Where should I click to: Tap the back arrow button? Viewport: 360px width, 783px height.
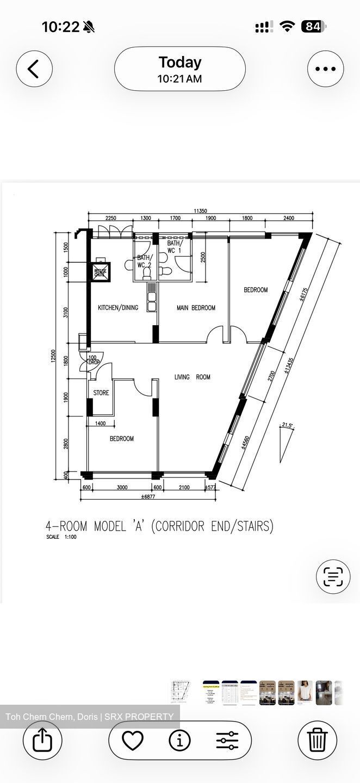[34, 69]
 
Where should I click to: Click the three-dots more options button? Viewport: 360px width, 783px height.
[325, 69]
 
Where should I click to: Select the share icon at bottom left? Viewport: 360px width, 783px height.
[42, 740]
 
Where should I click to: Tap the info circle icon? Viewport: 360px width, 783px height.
[179, 740]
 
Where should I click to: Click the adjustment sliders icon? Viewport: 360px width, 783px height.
[227, 740]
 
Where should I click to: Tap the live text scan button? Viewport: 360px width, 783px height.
[333, 576]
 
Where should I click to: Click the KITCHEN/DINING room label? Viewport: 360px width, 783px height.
[118, 308]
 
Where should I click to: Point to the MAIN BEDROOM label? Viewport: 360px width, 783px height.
[196, 308]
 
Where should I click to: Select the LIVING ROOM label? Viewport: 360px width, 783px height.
[192, 377]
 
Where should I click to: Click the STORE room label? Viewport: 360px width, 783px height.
[101, 393]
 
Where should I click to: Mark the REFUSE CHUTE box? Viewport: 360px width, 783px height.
[101, 272]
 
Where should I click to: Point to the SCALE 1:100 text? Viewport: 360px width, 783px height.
[61, 537]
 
